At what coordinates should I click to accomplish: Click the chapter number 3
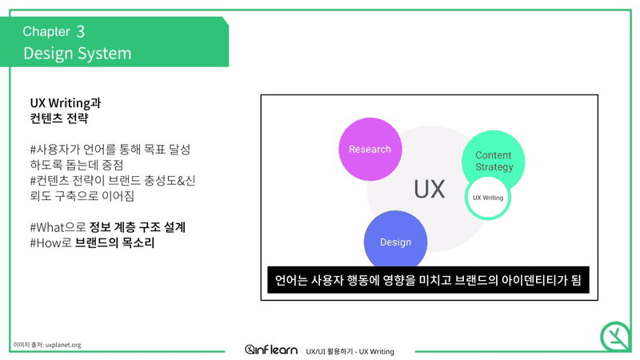[x=81, y=31]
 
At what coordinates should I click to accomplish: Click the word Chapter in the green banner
[x=46, y=31]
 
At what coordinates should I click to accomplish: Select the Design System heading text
[x=77, y=53]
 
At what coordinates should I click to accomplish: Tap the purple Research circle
[x=370, y=149]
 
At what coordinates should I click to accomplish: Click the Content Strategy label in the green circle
[x=494, y=161]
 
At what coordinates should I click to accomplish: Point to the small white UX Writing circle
[x=488, y=198]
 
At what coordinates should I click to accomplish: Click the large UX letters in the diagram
[x=430, y=190]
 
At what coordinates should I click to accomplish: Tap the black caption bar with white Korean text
[x=428, y=280]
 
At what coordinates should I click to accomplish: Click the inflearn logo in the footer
[x=271, y=350]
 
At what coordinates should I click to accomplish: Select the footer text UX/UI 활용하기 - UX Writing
[x=350, y=351]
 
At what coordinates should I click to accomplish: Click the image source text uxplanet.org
[x=63, y=345]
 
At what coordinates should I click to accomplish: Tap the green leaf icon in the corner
[x=615, y=337]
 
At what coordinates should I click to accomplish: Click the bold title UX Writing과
[x=66, y=103]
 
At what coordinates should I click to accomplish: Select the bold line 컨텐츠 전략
[x=58, y=118]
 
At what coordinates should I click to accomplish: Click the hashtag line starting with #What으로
[x=108, y=227]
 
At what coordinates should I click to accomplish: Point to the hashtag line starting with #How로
[x=92, y=243]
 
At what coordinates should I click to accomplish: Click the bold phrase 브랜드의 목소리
[x=115, y=243]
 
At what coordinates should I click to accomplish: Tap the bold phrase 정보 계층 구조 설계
[x=138, y=227]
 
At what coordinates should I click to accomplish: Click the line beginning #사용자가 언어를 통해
[x=110, y=150]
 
